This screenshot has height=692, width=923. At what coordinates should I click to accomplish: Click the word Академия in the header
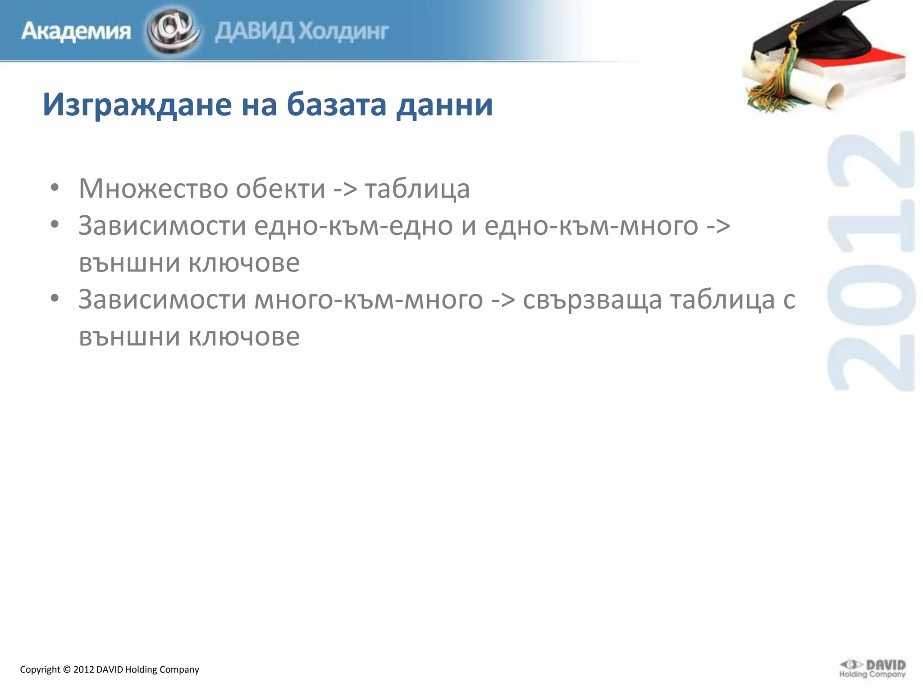point(76,32)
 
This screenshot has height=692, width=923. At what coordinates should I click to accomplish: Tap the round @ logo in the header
point(174,31)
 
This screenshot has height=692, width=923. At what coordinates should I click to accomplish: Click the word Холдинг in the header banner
point(343,32)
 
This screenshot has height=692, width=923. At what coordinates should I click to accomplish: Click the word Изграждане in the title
point(137,105)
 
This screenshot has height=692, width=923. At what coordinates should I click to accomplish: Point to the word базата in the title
point(336,105)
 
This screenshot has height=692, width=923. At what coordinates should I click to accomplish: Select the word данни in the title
point(444,105)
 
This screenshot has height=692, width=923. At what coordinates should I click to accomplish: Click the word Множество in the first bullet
point(153,188)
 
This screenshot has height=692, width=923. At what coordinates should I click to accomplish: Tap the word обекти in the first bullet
point(280,188)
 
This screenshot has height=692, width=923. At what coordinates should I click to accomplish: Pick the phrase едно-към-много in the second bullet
point(591,225)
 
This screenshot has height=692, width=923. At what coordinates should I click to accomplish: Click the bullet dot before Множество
point(55,188)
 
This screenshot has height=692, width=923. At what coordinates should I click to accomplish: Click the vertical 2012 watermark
point(871,261)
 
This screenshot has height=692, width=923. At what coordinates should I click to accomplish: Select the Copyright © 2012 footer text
point(110,669)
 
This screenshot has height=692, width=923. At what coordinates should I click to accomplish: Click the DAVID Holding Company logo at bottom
point(873,669)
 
